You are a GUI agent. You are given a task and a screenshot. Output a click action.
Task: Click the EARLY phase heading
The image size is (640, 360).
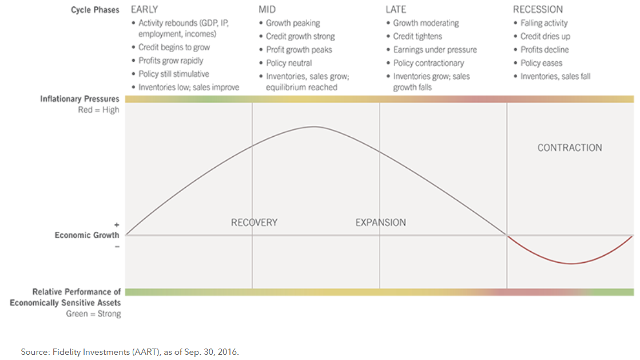click(145, 9)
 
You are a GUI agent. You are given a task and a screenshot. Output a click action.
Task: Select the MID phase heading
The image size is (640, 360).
click(267, 9)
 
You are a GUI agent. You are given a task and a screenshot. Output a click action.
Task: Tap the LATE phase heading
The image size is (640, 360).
click(396, 9)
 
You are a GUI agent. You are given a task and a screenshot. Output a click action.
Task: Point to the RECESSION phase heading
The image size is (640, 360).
click(538, 9)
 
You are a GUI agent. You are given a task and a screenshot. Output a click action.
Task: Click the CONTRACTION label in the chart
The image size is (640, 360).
click(570, 148)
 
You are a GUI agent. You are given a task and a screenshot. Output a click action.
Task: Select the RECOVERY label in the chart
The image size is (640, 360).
click(254, 222)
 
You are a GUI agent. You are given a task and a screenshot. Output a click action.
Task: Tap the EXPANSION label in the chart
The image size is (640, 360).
click(381, 222)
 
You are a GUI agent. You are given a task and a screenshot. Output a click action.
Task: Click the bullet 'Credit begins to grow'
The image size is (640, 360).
click(174, 48)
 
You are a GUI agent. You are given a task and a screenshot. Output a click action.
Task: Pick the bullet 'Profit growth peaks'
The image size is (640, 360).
click(299, 50)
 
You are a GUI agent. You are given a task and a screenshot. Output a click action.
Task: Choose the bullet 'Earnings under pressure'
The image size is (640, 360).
click(435, 50)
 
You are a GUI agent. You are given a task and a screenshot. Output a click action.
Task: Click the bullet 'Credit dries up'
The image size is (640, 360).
click(545, 37)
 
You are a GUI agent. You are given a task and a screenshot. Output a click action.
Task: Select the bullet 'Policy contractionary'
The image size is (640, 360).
click(428, 63)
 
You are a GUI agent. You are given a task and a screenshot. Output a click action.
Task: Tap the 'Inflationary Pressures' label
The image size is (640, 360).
click(79, 99)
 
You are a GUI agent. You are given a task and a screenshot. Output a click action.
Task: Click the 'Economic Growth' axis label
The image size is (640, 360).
click(87, 235)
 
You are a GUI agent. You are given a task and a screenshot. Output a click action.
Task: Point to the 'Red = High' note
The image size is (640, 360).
click(98, 110)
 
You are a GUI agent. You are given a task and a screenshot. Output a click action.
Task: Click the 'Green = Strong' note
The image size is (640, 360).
click(93, 314)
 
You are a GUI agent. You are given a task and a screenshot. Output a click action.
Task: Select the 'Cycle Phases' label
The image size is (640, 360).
click(95, 10)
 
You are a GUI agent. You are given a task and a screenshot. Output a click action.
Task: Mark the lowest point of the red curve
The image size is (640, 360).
click(571, 264)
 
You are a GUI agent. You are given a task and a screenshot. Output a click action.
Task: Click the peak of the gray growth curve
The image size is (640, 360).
click(313, 126)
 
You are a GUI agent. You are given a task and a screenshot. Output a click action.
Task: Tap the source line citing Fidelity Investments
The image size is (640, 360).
click(130, 351)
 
